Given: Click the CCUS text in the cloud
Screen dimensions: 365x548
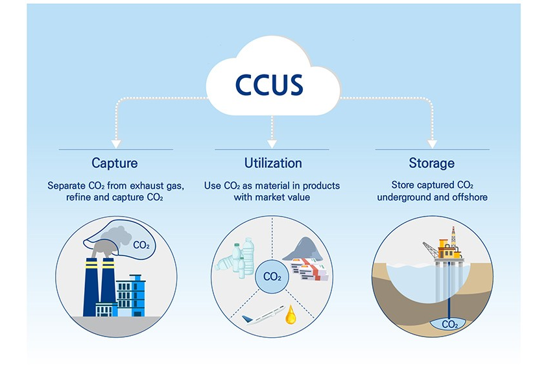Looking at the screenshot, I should point(272,85).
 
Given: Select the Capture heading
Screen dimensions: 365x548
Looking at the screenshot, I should point(115,163).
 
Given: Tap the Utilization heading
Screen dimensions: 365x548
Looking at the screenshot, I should point(273,163).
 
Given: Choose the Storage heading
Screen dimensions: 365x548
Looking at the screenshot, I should point(431,163).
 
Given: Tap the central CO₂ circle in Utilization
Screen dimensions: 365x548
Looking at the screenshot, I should point(272,277).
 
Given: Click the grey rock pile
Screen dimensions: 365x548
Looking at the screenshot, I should point(302,248).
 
